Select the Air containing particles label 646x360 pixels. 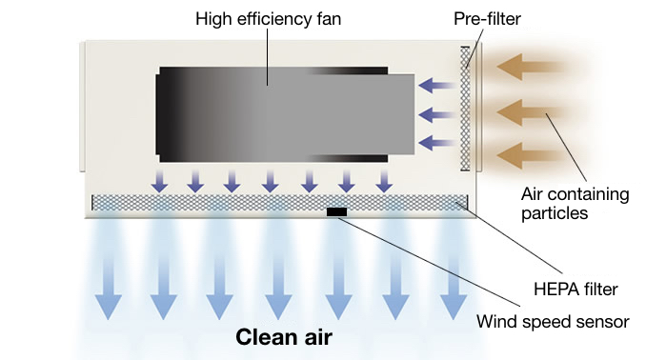[x=575, y=204]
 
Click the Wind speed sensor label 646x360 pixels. [x=553, y=321]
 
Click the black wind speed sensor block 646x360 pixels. [x=337, y=210]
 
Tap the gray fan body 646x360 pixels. [x=286, y=112]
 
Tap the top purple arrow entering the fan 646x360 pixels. [x=436, y=85]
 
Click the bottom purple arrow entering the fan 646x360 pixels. [x=436, y=143]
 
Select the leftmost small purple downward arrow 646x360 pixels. [x=159, y=180]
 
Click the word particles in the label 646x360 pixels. [x=554, y=213]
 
